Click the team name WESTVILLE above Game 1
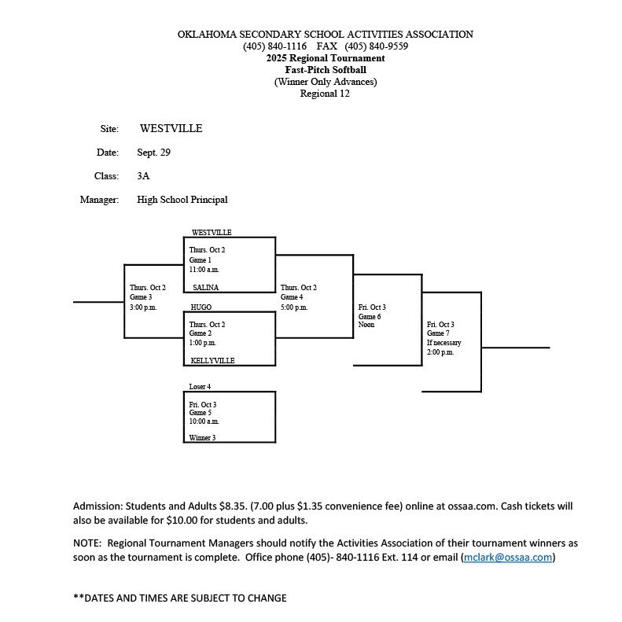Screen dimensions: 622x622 (x=212, y=233)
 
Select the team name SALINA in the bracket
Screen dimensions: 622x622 (x=206, y=288)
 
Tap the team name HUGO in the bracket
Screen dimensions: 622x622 (x=201, y=307)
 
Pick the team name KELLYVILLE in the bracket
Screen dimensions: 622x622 (x=213, y=361)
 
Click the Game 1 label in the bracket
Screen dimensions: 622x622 (x=200, y=259)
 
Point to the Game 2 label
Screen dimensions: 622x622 (x=200, y=333)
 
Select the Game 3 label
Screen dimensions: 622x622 (x=141, y=297)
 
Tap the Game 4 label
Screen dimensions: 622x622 (x=292, y=297)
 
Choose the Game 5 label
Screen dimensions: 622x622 (x=200, y=413)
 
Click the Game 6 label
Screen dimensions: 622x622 (x=370, y=316)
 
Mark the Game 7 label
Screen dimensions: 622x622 (x=438, y=333)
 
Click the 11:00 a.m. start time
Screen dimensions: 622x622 (x=204, y=269)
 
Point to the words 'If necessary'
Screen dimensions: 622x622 (x=444, y=343)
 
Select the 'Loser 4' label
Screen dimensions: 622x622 (x=200, y=387)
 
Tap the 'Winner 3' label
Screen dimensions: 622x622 (x=202, y=437)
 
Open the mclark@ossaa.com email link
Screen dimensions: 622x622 (x=508, y=558)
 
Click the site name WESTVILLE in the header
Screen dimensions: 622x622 (x=171, y=128)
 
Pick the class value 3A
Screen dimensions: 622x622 (x=143, y=176)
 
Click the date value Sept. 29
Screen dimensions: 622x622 (x=153, y=153)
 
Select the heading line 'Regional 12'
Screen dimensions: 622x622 (x=325, y=94)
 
